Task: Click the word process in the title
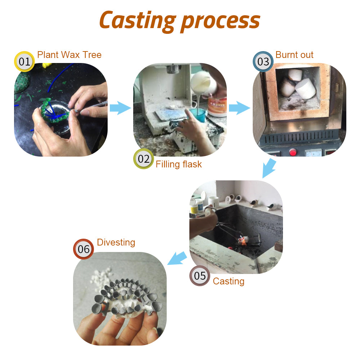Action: (220, 21)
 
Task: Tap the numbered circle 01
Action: (24, 62)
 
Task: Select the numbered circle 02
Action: (143, 159)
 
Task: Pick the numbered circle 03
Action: (263, 62)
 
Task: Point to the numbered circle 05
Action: (200, 276)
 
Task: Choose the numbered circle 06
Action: (84, 249)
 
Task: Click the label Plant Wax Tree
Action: (69, 55)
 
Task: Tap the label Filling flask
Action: (179, 165)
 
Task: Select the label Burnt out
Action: (294, 55)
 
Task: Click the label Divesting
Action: (116, 242)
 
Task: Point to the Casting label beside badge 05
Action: (228, 281)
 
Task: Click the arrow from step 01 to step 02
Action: (120, 108)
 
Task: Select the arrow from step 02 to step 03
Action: (239, 108)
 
